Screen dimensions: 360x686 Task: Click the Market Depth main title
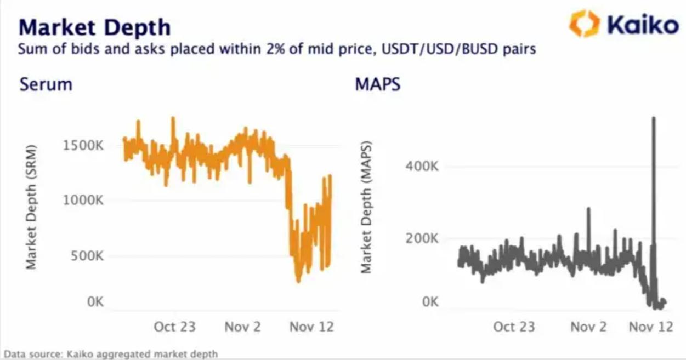94,27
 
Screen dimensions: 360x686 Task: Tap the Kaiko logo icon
585,24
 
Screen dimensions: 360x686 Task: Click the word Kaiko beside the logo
642,25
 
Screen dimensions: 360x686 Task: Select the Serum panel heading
46,85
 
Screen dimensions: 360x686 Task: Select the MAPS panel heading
377,85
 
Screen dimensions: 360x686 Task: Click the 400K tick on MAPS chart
422,167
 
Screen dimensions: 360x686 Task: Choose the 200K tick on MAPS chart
422,239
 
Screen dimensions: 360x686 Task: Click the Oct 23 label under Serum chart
174,327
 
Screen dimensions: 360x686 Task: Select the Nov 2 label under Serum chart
242,327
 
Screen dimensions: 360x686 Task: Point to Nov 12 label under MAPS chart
651,327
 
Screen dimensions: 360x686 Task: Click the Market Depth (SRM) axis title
31,207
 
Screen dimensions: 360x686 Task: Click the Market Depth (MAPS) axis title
366,207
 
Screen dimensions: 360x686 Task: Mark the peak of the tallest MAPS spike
653,117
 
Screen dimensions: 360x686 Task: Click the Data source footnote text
111,354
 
